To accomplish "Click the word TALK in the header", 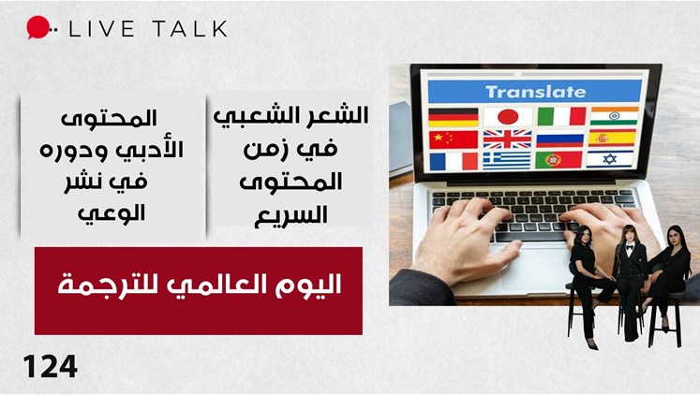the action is (189, 28).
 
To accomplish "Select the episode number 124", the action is (51, 367).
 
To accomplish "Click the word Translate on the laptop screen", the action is (535, 92).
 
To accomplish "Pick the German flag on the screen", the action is (454, 118).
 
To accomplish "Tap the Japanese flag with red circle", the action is (508, 117).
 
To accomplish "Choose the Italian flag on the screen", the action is (561, 116).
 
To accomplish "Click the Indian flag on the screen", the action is (615, 116).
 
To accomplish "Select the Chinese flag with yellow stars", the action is (454, 139).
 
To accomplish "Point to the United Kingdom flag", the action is (507, 139).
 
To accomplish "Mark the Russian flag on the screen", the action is (559, 139).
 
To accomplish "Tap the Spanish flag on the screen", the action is (612, 139).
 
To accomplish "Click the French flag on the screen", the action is (454, 161).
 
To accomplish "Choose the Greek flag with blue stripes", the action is (507, 161).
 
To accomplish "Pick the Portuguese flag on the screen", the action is (559, 160).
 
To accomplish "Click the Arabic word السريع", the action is (290, 215).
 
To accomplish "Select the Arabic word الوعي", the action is (112, 213).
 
